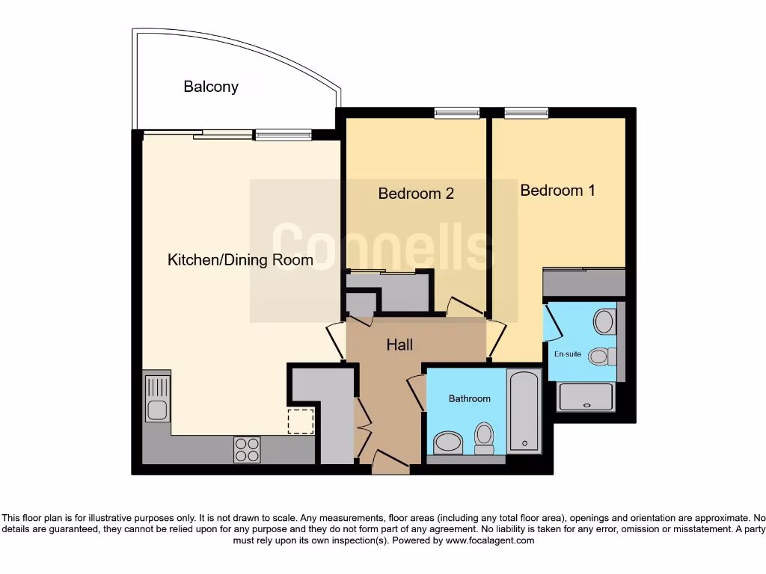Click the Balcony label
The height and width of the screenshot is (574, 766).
pyautogui.click(x=211, y=87)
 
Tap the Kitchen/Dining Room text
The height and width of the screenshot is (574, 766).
pyautogui.click(x=240, y=260)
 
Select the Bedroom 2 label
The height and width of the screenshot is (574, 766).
pyautogui.click(x=416, y=194)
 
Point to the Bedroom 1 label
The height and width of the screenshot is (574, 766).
pyautogui.click(x=557, y=191)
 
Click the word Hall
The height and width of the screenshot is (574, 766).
pyautogui.click(x=399, y=345)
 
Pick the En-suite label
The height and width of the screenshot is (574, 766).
pyautogui.click(x=566, y=354)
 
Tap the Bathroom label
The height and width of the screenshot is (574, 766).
pyautogui.click(x=470, y=398)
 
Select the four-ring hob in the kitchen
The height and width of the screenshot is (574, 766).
pyautogui.click(x=247, y=449)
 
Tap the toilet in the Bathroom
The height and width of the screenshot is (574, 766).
pyautogui.click(x=484, y=438)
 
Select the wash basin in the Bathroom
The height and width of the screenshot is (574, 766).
pyautogui.click(x=449, y=442)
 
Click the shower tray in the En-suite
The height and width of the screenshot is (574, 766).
pyautogui.click(x=586, y=397)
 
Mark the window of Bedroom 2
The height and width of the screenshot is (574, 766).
pyautogui.click(x=457, y=114)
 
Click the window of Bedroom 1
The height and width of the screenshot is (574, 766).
pyautogui.click(x=527, y=114)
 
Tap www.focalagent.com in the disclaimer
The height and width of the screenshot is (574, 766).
pyautogui.click(x=490, y=540)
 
